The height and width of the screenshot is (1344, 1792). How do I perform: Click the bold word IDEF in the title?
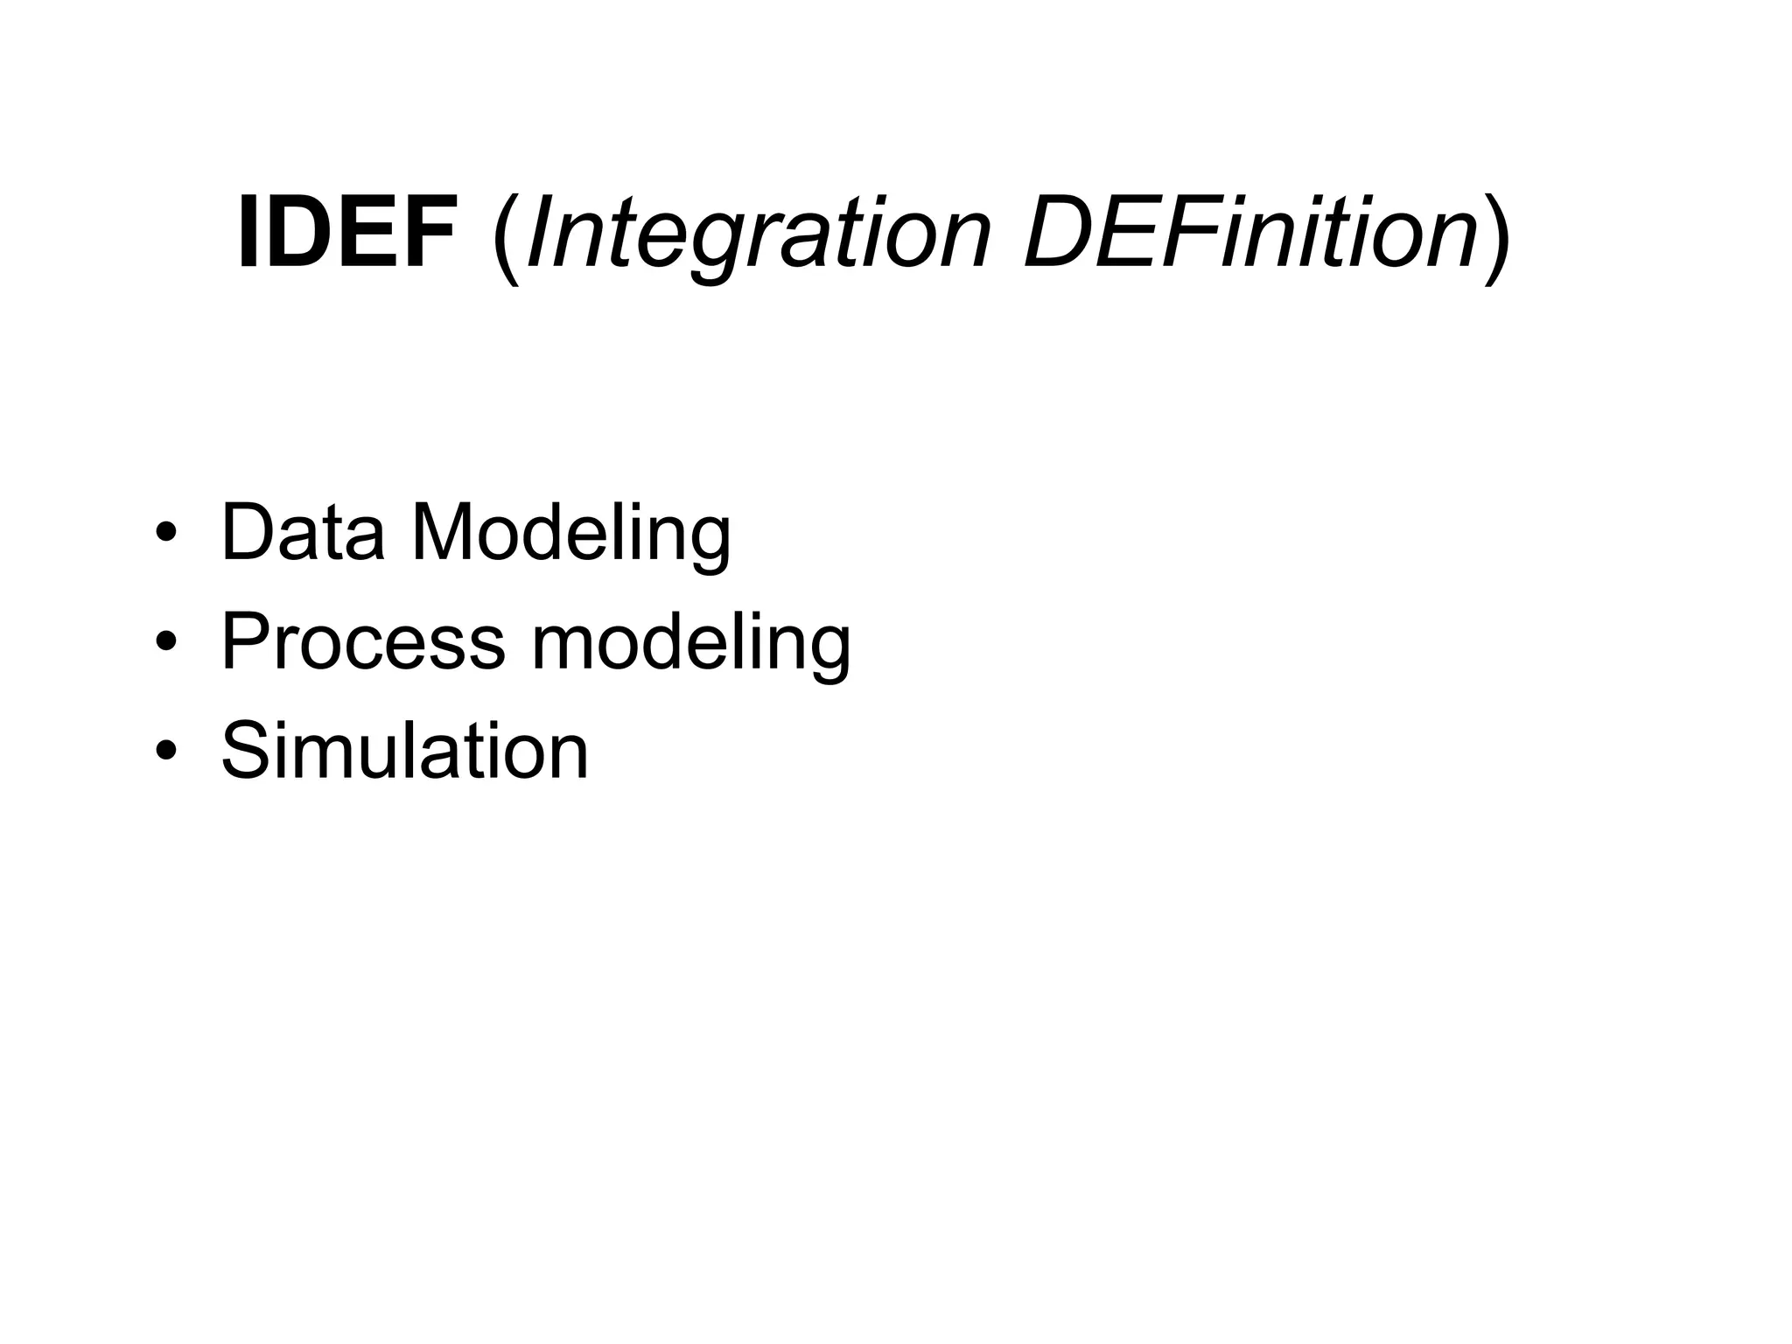pos(347,232)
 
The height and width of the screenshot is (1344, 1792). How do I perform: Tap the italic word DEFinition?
pos(1251,232)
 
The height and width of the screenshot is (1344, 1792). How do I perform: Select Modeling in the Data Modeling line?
pos(570,535)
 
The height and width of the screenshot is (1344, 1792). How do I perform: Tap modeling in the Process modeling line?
pos(691,645)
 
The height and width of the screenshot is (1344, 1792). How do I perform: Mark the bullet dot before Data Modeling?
pos(165,535)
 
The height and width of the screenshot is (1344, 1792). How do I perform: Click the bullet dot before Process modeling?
pos(165,644)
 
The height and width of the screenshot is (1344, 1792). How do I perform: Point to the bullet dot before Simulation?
pos(165,752)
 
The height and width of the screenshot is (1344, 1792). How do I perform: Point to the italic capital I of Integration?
pos(540,232)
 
